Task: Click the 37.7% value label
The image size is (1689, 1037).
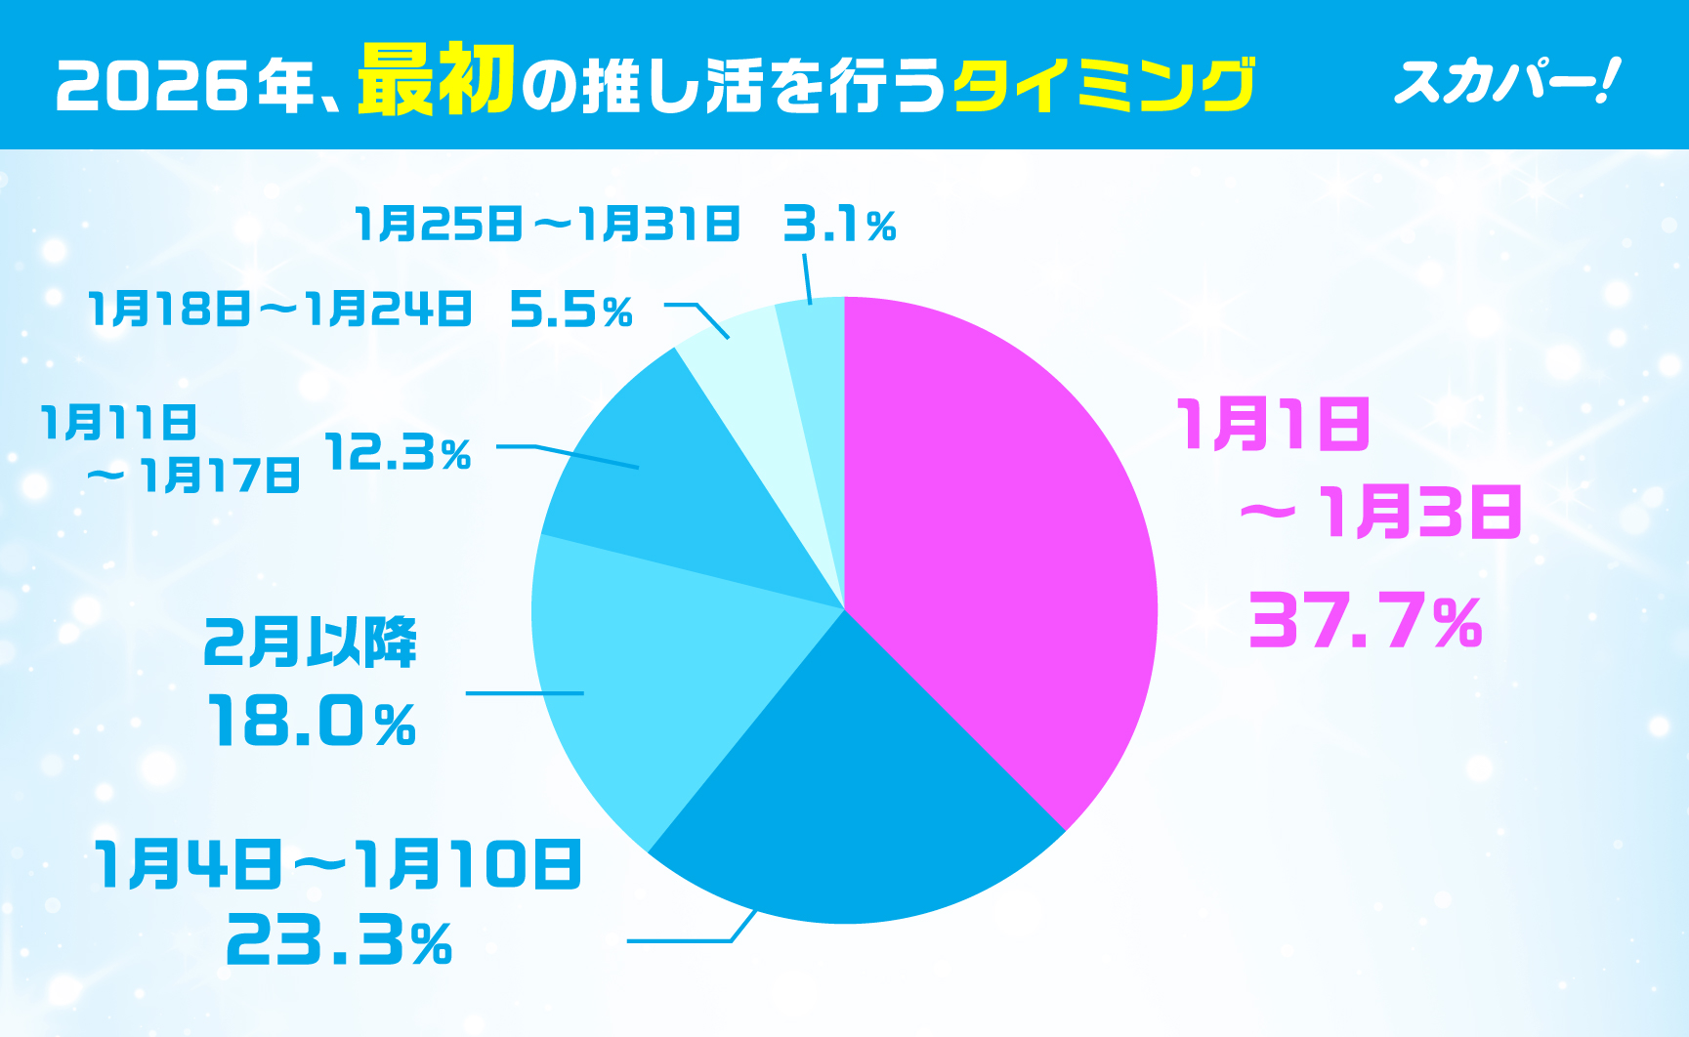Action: [x=1366, y=622]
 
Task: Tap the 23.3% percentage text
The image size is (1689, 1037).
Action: [x=339, y=941]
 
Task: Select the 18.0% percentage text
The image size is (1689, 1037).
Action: [x=312, y=723]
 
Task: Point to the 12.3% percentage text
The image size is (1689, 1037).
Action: [x=399, y=453]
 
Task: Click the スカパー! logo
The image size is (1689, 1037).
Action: [x=1506, y=82]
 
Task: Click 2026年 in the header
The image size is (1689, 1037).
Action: [x=186, y=86]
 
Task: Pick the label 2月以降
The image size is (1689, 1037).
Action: [x=311, y=643]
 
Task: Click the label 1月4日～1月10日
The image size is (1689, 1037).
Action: [x=338, y=864]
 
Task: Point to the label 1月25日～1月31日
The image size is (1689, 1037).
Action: [x=547, y=225]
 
